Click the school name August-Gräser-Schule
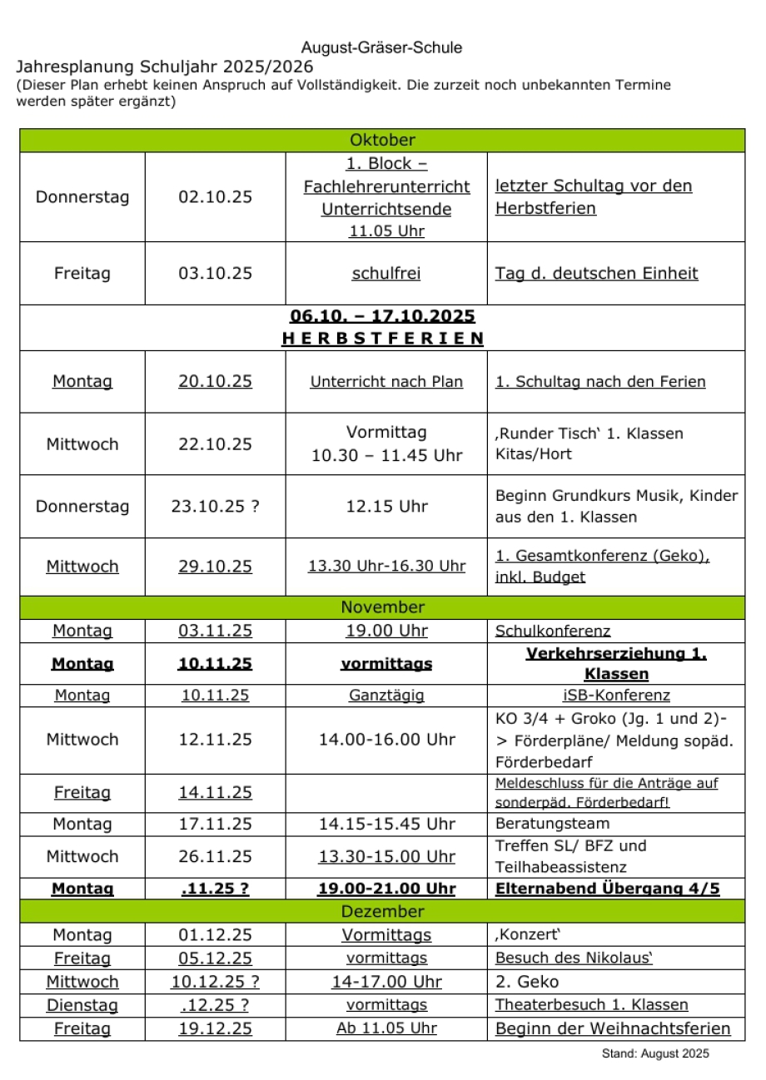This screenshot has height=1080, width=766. point(381,48)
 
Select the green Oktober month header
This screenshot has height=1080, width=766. point(382,141)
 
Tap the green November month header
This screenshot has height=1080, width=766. point(382,607)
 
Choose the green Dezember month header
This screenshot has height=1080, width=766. point(382,912)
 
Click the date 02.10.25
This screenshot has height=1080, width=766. point(215,197)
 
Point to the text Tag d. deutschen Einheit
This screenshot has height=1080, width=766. point(596,274)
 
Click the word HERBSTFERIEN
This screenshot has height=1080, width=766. point(382,339)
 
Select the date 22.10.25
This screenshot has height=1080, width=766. point(215,444)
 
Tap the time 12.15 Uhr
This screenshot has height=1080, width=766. point(386,507)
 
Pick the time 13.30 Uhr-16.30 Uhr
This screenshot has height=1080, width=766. point(386,567)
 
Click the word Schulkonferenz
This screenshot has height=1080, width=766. point(553,632)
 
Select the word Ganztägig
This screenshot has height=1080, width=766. point(386,696)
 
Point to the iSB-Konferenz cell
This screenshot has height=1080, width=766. point(615,696)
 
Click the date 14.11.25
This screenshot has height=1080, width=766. point(215,793)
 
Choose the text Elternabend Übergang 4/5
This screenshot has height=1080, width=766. point(608,889)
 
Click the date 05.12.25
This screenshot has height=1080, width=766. point(215,959)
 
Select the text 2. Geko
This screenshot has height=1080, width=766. point(527,982)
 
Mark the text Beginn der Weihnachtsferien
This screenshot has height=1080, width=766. point(613,1029)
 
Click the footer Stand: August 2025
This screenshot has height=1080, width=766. point(655,1054)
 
